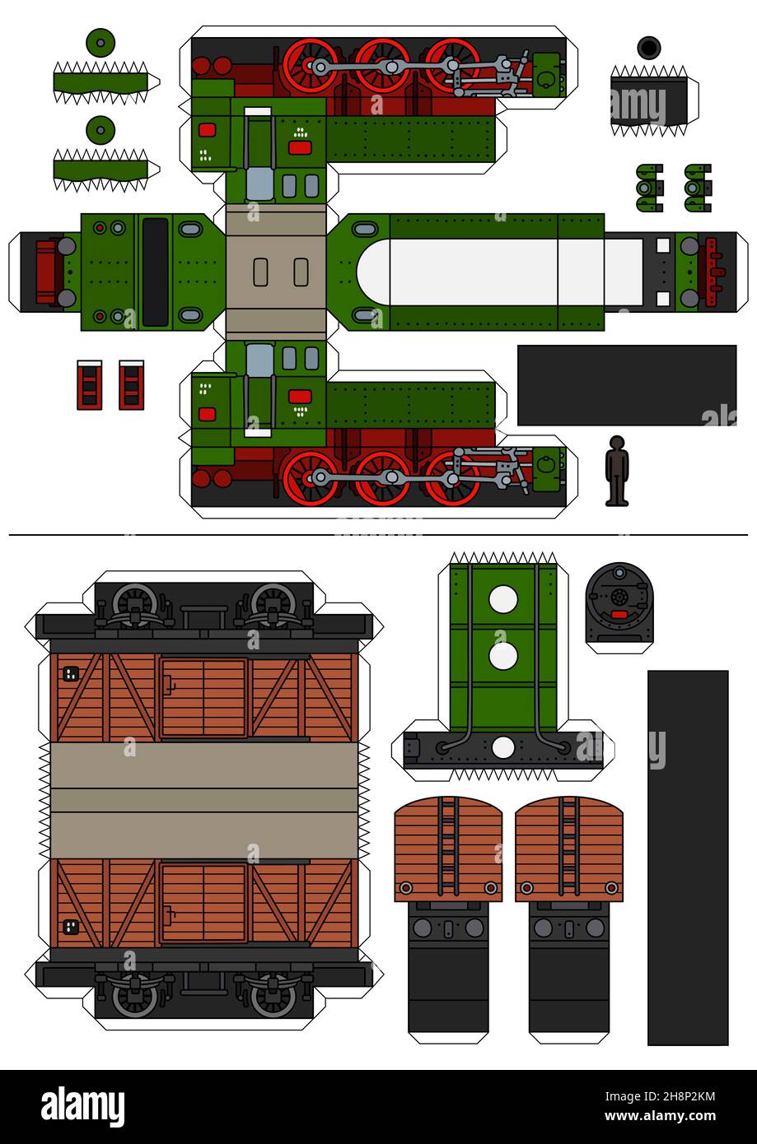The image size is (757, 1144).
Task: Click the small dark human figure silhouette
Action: (x=617, y=470)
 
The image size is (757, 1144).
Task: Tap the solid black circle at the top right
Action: (x=649, y=48)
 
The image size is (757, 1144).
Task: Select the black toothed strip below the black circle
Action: (x=649, y=101)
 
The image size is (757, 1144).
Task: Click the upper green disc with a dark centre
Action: (x=100, y=42)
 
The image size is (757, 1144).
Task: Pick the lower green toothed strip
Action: (x=100, y=170)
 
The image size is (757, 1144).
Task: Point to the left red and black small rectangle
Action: (x=90, y=385)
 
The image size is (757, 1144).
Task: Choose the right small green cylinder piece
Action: (x=698, y=188)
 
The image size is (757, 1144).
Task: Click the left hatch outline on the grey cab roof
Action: (x=260, y=272)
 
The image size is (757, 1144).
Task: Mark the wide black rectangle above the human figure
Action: (x=626, y=384)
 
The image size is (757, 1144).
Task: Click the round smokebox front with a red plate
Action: (x=619, y=603)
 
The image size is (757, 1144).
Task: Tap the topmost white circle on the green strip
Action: (x=503, y=599)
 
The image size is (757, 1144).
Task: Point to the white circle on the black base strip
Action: (x=503, y=747)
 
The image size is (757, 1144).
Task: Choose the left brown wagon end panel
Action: (x=448, y=848)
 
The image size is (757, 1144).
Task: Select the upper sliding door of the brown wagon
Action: (x=203, y=697)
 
